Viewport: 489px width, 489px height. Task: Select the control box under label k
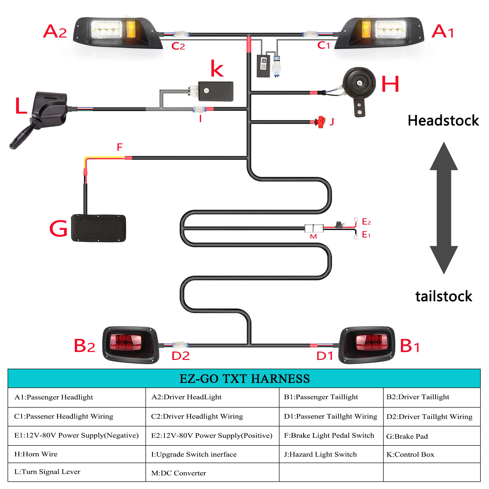(216, 91)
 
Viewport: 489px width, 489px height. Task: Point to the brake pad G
(99, 228)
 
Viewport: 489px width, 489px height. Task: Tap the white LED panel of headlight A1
(391, 29)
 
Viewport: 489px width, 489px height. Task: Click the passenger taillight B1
(367, 345)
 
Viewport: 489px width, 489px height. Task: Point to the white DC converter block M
(314, 228)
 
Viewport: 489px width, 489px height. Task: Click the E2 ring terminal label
(366, 222)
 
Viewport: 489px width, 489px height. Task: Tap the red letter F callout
(120, 147)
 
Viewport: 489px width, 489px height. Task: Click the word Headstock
(443, 121)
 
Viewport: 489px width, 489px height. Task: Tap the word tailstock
(444, 296)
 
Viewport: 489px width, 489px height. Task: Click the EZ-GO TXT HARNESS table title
(244, 379)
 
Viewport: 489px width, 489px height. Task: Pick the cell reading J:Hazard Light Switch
(320, 454)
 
